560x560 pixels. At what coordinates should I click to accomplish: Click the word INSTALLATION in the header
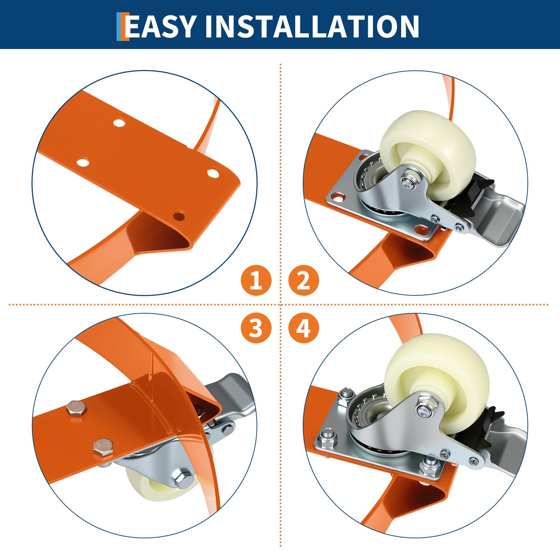pyautogui.click(x=312, y=26)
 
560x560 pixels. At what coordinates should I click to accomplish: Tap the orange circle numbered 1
pyautogui.click(x=256, y=280)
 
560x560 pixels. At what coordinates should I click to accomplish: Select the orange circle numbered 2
pyautogui.click(x=303, y=280)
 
